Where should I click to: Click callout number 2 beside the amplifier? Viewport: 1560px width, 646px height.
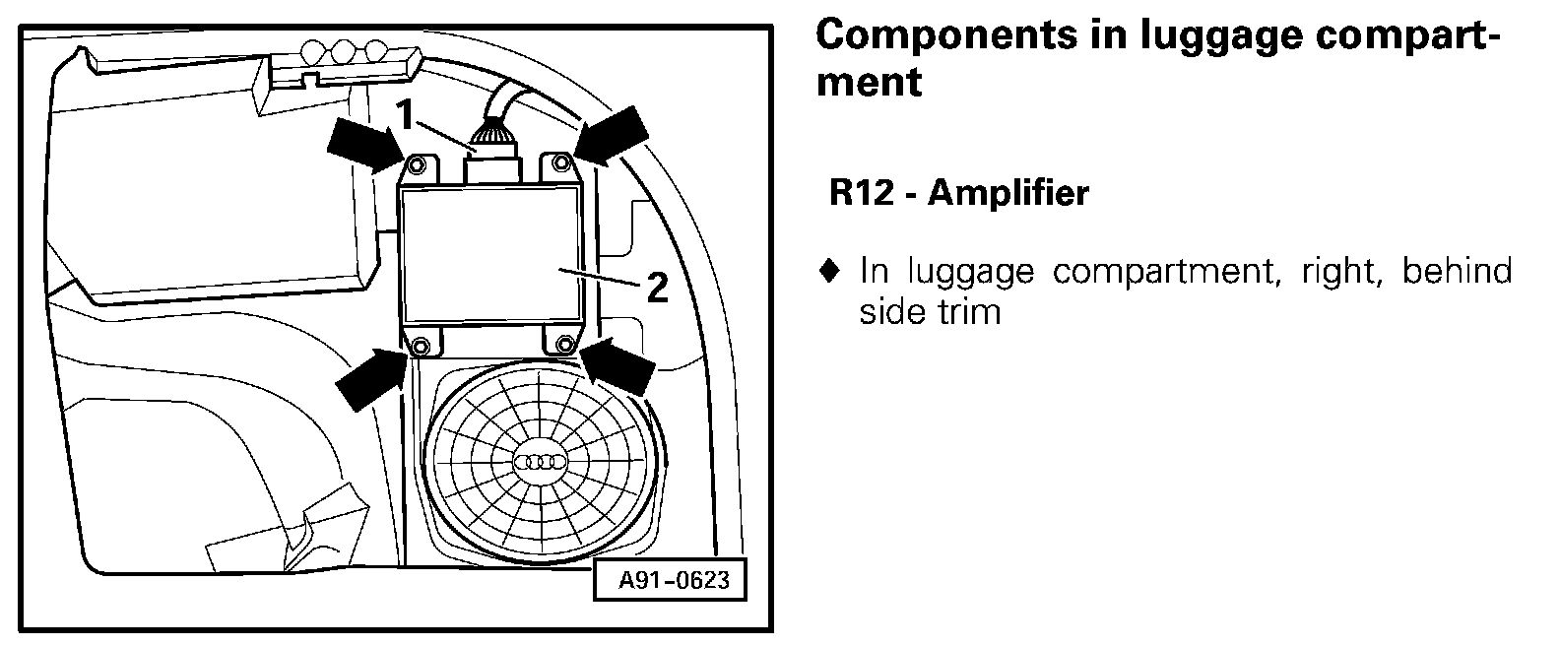tap(657, 289)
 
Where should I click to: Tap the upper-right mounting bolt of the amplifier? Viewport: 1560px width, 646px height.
tap(560, 162)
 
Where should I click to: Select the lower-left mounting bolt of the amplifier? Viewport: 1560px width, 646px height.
tap(421, 346)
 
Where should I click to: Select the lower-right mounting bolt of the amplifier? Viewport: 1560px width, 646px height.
tap(564, 344)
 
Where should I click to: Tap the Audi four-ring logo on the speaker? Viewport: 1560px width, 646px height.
tap(541, 462)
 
